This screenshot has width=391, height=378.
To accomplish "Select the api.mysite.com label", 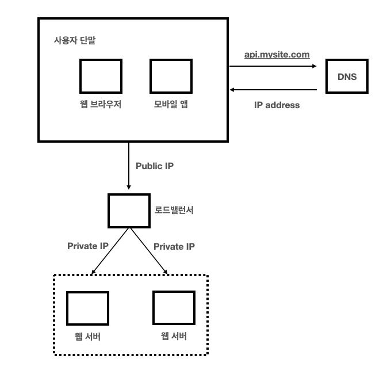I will (277, 55).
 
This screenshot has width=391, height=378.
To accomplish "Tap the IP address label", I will (277, 105).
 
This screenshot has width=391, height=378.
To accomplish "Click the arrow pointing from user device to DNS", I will (273, 66).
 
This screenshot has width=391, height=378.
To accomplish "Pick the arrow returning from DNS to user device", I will (273, 90).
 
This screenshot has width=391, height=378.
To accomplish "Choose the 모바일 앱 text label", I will (171, 105).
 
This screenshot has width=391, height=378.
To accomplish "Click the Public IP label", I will (154, 166).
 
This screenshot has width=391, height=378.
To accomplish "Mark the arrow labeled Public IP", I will (129, 167).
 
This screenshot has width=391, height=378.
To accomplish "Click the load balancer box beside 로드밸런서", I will (129, 211).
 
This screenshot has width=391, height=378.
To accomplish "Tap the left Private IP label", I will (87, 246).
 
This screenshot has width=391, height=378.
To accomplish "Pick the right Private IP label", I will (174, 246).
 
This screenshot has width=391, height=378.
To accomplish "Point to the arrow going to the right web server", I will (148, 250).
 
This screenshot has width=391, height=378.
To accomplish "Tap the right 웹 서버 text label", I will (174, 336).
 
